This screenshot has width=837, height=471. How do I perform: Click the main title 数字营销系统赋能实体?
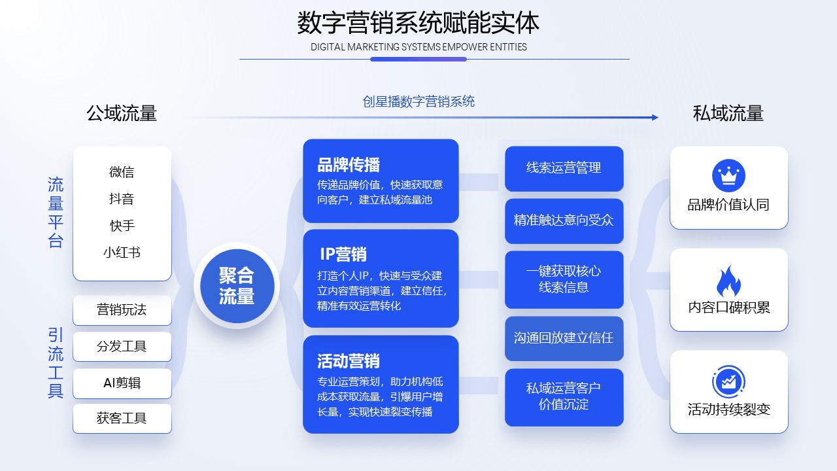418,24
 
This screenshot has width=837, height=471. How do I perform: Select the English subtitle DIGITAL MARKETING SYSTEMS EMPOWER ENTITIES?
418,47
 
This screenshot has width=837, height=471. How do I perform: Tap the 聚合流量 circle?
237,285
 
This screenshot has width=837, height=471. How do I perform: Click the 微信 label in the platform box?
122,172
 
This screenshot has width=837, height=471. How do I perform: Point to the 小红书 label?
122,253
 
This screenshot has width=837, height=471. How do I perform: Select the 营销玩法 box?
122,310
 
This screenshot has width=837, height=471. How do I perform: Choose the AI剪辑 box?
122,383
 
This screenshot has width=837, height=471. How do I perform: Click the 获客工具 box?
122,419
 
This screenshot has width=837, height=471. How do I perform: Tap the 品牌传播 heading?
349,165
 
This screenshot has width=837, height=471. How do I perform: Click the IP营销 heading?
343,254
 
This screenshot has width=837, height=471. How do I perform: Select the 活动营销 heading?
349,361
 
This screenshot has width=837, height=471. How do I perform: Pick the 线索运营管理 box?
564,168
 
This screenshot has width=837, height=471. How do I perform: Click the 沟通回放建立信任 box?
564,338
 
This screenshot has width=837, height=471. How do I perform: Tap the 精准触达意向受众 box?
564,220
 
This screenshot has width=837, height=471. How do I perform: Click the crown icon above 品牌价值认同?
728,175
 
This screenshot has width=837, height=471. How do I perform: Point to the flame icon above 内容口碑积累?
728,282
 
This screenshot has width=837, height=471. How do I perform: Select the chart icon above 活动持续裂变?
728,383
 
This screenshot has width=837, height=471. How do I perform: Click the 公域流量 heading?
122,113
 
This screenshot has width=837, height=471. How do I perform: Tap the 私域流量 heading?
728,113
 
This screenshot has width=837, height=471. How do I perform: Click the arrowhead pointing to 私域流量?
655,118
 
